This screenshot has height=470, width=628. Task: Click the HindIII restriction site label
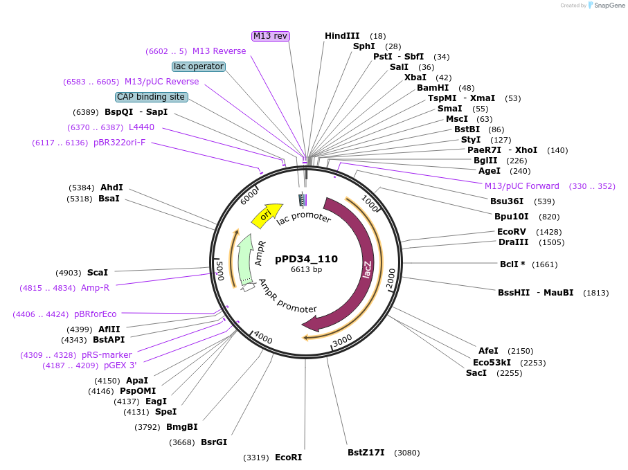coord(342,36)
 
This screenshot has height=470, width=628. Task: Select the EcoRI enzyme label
coord(288,457)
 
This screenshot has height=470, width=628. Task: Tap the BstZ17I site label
coord(366,453)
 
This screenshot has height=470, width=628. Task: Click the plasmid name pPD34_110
coord(306,259)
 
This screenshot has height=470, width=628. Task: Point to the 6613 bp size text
coord(306,269)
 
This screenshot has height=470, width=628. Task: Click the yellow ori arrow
coord(267,215)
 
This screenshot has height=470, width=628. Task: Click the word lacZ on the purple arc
coord(368,269)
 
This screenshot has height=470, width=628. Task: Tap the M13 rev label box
coord(270,36)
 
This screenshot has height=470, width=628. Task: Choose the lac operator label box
coord(199,66)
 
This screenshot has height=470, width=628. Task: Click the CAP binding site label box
coord(151,97)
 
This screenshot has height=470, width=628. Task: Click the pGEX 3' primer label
coord(120,365)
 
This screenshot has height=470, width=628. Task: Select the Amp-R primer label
coord(95,288)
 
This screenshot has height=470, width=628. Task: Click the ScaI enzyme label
coord(98,273)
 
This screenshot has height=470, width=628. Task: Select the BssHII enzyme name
coord(514,293)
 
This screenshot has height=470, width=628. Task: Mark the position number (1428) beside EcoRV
coord(548,232)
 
